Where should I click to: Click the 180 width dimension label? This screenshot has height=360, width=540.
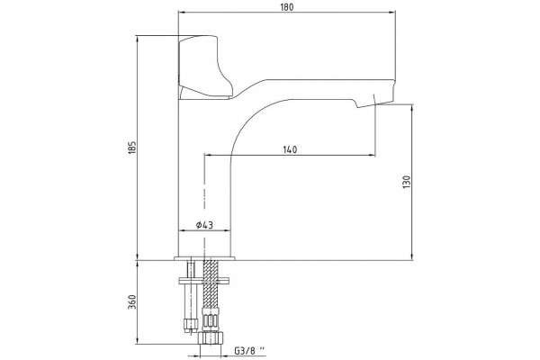pos(287,7)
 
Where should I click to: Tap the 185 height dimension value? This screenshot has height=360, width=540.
pos(132,148)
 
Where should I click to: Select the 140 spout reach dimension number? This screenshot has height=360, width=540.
pos(290,150)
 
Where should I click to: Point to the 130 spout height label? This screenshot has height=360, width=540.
pos(407,182)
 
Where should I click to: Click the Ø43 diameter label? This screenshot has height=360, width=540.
pos(204,225)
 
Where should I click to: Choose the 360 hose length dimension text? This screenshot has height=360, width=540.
pos(132,302)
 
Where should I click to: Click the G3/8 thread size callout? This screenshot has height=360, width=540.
pos(250,351)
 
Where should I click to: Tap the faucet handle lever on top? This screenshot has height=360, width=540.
pos(205,67)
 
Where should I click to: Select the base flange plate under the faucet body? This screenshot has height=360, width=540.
pos(204,258)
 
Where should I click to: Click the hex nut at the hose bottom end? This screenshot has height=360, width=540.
pos(211,338)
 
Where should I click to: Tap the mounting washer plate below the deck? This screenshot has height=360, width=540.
pos(204,280)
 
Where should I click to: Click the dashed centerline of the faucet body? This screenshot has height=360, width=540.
pos(204,213)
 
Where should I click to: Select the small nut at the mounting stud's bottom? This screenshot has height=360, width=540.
pos(191,324)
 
